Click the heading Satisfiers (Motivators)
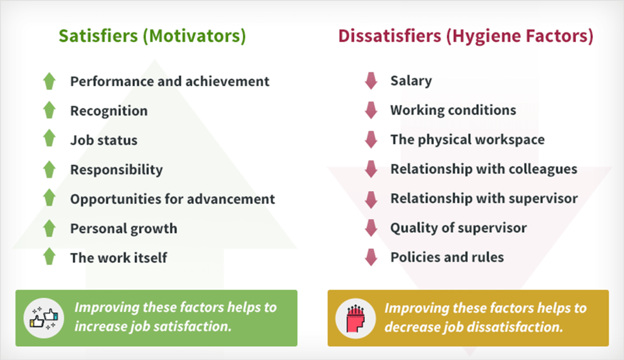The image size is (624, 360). point(152,36)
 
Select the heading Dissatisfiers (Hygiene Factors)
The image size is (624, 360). point(466,36)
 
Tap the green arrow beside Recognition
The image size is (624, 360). point(49,110)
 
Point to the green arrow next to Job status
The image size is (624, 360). point(49,138)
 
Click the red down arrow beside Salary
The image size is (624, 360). point(371,81)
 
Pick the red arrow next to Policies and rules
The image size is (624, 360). point(371,257)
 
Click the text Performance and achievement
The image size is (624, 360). point(170,81)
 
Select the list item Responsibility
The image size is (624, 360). point(116,170)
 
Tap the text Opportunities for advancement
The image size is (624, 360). point(172,199)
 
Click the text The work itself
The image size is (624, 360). point(119,258)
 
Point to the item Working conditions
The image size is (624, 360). point(453,110)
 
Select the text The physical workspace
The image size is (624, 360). point(467,140)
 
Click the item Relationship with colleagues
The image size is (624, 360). point(484,169)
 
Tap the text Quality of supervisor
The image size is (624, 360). point(458,228)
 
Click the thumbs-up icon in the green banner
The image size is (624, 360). point(44,318)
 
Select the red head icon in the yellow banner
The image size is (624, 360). point(355,319)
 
